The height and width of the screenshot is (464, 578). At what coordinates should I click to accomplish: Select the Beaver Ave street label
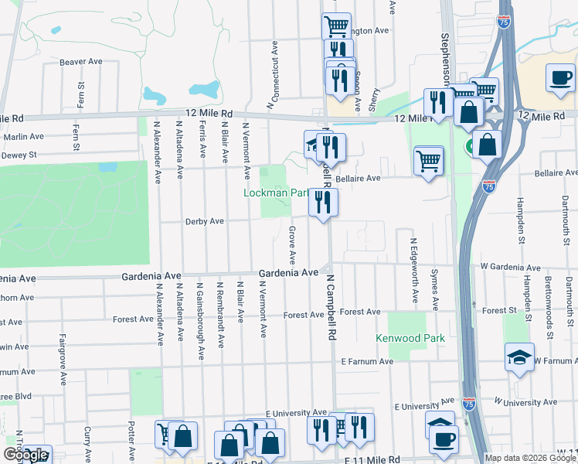pyautogui.click(x=81, y=62)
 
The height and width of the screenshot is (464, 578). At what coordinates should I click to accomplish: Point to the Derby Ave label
pyautogui.click(x=204, y=221)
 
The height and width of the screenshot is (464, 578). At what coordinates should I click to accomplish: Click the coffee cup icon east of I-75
pyautogui.click(x=560, y=80)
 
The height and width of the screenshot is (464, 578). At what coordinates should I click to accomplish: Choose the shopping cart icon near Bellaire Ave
pyautogui.click(x=428, y=161)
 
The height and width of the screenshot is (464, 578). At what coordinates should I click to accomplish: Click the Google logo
pyautogui.click(x=25, y=455)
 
